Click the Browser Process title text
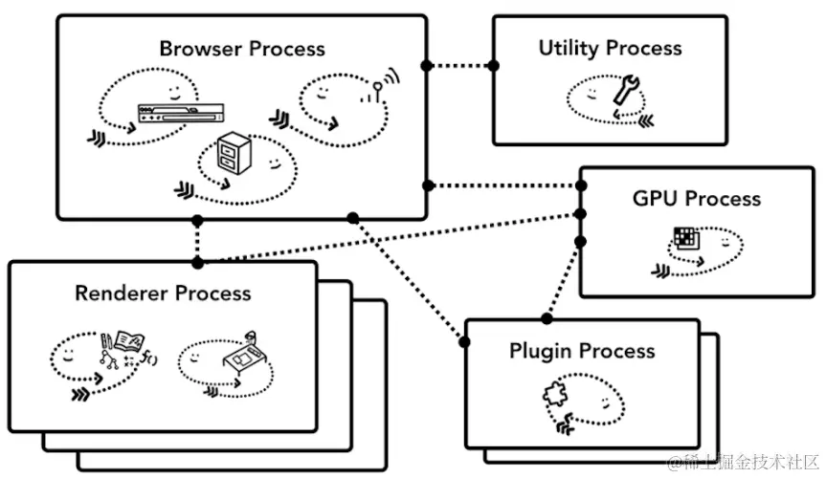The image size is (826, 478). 242,48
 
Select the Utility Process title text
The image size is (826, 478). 610,48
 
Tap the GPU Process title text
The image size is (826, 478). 696,199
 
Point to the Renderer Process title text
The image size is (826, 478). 163,293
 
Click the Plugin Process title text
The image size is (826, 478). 582,350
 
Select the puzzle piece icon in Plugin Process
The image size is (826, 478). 555,395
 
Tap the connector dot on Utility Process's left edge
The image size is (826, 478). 495,66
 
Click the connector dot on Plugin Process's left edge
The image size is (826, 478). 465,340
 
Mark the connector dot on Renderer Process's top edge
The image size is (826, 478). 197,261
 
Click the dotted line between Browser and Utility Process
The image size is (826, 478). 460,66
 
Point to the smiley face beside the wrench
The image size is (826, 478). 593,91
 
